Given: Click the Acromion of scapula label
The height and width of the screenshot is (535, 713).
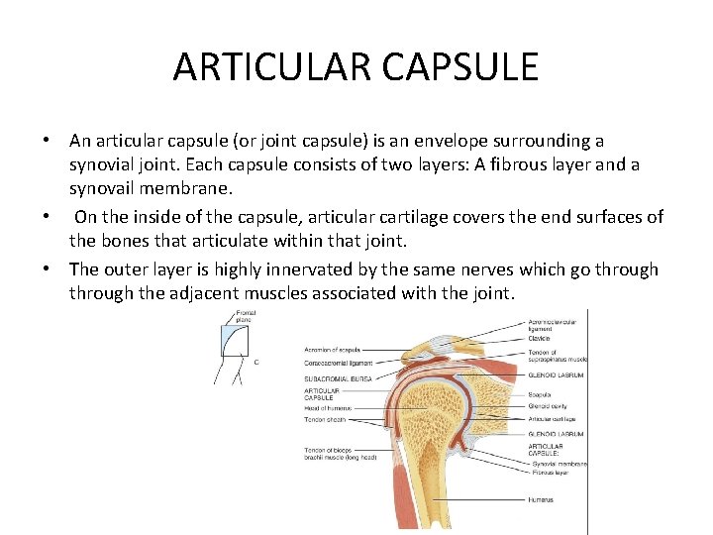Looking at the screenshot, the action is (333, 351).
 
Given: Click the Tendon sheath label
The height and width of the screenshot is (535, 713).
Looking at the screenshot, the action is (323, 420).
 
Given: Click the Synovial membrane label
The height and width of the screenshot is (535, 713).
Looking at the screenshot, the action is (558, 463).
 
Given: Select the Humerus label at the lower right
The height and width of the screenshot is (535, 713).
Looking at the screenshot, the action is (542, 501).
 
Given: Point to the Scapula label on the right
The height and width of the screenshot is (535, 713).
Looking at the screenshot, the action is (541, 393).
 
